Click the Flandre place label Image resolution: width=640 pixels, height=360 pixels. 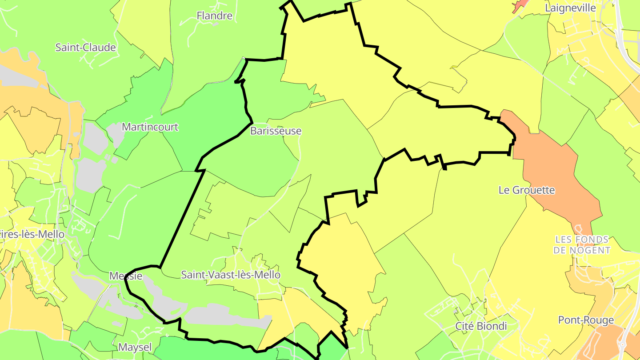[214, 16]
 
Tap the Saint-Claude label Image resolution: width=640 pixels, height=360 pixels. [85, 48]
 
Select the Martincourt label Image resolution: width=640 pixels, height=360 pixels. [150, 127]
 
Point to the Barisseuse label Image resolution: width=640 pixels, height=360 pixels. [276, 131]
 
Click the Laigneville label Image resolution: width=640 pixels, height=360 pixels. [570, 8]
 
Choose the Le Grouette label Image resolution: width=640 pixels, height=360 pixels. [527, 190]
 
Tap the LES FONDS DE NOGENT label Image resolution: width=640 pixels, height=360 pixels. [582, 245]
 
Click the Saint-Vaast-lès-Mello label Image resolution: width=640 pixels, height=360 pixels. [231, 275]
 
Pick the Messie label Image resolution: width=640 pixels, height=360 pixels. [126, 276]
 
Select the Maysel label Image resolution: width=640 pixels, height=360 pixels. [135, 347]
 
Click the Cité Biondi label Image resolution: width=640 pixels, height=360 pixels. [481, 326]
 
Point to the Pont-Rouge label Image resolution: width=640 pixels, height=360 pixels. [586, 320]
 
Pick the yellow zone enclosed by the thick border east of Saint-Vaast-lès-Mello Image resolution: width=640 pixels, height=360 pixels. [342, 267]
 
